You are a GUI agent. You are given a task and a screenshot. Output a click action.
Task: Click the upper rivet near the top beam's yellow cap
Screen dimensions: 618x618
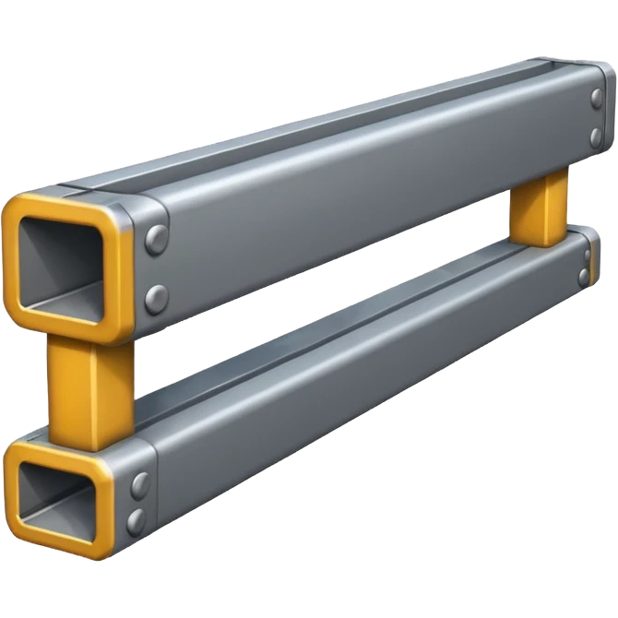157,236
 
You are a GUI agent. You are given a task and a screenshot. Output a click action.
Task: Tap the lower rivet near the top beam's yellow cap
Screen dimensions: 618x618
158,297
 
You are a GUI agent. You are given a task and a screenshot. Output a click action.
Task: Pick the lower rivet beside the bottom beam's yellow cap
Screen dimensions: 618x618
137,519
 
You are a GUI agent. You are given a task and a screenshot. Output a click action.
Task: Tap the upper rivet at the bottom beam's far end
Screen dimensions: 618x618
588,254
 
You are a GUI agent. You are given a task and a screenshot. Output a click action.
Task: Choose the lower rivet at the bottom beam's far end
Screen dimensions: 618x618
585,276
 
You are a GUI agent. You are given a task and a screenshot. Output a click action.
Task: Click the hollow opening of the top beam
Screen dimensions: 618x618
65,262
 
